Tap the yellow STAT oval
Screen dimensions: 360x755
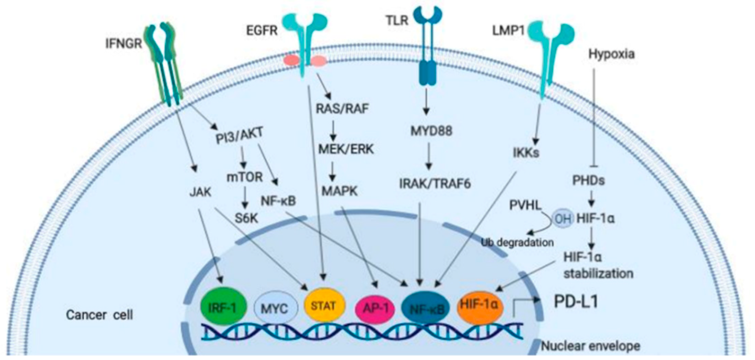point(323,306)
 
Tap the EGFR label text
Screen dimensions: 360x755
point(262,30)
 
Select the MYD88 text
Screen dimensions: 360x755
point(431,131)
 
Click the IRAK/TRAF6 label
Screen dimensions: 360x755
point(435,184)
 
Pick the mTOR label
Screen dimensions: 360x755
point(245,177)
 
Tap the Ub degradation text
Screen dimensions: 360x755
point(518,242)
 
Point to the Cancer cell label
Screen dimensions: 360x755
point(99,315)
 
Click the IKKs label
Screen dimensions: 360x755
point(526,152)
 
